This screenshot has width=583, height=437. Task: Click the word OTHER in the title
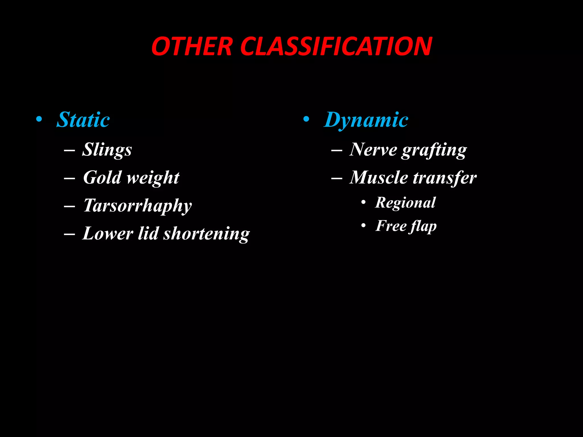click(192, 46)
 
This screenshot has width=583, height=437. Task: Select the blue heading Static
click(83, 120)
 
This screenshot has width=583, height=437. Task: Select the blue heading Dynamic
click(366, 120)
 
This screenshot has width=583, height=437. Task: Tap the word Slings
click(107, 150)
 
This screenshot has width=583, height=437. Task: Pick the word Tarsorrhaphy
click(137, 205)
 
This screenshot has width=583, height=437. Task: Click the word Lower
click(108, 234)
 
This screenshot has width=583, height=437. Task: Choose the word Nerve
click(373, 150)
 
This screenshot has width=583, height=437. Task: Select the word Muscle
click(379, 178)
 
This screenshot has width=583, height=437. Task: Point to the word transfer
click(445, 178)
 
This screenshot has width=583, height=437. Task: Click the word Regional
click(405, 203)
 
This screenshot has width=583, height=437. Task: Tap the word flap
click(423, 226)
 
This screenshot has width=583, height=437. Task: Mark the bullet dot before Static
click(39, 119)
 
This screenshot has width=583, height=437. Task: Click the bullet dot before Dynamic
click(306, 119)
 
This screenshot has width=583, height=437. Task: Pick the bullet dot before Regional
click(363, 203)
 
